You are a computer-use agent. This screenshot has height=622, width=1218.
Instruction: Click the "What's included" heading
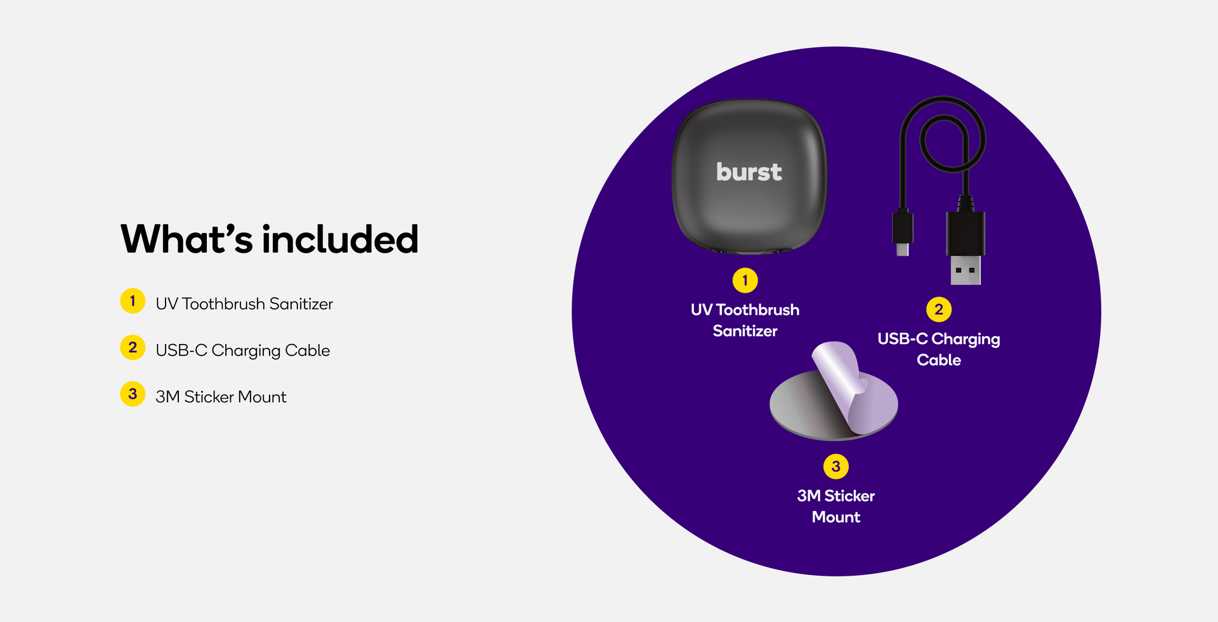click(x=270, y=239)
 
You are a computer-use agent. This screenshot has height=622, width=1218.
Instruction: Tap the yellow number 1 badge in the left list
click(x=133, y=301)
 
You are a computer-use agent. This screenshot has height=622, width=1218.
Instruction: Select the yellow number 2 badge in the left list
click(x=133, y=347)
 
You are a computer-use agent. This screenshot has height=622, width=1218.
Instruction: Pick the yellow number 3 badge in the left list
click(x=133, y=394)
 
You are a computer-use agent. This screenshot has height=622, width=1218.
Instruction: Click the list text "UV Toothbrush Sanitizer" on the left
click(x=244, y=304)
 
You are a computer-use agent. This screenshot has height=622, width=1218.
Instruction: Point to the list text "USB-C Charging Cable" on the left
click(x=243, y=350)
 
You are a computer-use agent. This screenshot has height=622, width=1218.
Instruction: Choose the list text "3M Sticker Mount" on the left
click(x=221, y=397)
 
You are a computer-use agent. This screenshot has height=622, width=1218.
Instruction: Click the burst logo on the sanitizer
click(x=749, y=172)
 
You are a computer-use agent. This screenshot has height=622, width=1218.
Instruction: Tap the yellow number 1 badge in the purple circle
click(x=745, y=281)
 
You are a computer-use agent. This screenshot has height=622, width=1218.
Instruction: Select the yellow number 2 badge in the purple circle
click(x=939, y=310)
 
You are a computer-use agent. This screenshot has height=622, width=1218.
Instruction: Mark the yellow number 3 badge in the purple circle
click(x=836, y=466)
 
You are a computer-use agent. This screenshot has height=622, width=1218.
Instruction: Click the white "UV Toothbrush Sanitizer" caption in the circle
click(x=745, y=320)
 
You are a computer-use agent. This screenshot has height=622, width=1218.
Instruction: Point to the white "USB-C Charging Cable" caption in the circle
click(x=939, y=349)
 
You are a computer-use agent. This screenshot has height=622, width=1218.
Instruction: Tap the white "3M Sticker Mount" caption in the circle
click(x=836, y=506)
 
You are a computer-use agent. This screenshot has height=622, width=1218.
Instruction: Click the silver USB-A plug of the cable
click(x=966, y=270)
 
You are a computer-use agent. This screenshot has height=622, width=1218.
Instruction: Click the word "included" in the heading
click(x=341, y=239)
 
